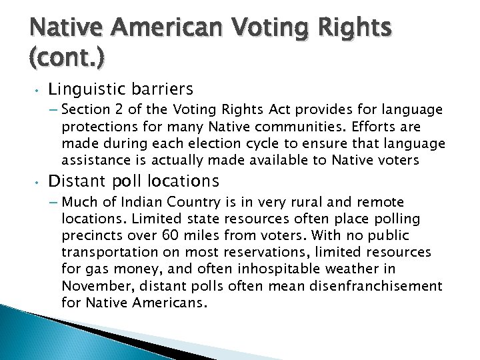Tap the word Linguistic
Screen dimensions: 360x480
pos(83,89)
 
